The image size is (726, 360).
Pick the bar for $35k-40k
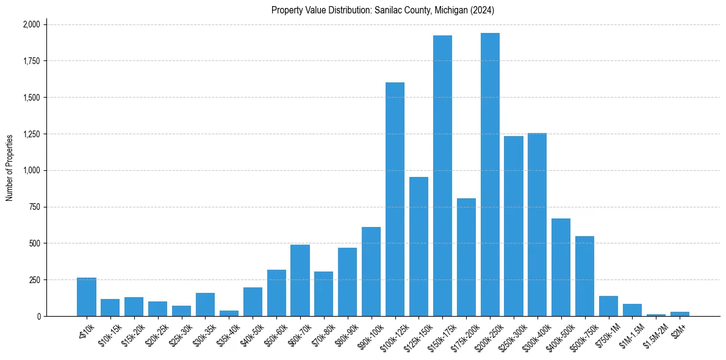[229, 313]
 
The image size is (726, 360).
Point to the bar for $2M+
[680, 314]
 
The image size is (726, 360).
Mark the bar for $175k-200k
[466, 257]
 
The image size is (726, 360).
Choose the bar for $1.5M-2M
[656, 315]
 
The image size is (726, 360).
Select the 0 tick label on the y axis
[39, 317]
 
